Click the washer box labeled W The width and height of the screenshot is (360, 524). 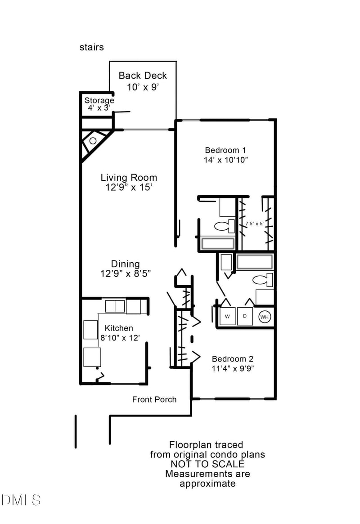click(x=227, y=317)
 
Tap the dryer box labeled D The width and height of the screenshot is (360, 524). click(x=245, y=317)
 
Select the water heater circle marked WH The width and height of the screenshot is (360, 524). click(x=265, y=317)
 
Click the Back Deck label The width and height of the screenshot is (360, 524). click(x=143, y=76)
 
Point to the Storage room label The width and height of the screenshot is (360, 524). click(x=99, y=100)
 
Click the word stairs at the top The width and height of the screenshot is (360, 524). click(x=92, y=47)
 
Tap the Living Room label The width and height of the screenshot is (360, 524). click(x=129, y=178)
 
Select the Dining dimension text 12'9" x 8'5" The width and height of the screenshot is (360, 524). click(x=126, y=273)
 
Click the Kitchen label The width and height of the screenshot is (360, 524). click(x=119, y=328)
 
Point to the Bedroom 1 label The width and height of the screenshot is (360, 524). click(x=225, y=150)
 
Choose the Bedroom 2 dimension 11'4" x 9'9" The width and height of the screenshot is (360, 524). click(x=233, y=368)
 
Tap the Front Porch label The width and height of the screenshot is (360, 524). click(x=154, y=399)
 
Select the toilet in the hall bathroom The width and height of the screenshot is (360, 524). click(x=263, y=280)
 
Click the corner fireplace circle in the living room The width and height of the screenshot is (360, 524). click(x=93, y=141)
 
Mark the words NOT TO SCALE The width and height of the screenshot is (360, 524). click(x=207, y=464)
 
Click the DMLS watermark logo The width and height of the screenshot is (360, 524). click(x=21, y=500)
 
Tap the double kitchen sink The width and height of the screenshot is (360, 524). click(x=115, y=306)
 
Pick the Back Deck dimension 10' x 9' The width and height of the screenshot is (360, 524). click(x=143, y=87)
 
